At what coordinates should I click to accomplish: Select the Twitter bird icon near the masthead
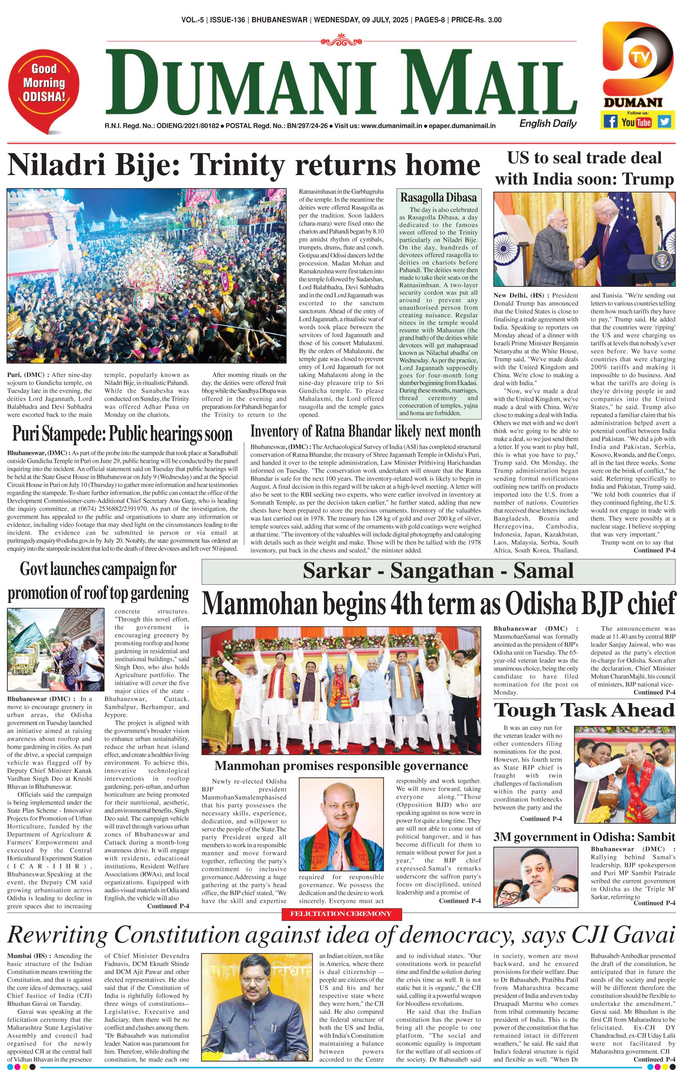click(664, 121)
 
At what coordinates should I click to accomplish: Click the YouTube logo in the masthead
click(636, 121)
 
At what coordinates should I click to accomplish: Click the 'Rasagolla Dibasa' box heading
click(438, 197)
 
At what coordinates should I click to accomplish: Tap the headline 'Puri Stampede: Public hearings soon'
click(122, 434)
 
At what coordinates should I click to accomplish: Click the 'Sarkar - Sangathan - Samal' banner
click(438, 571)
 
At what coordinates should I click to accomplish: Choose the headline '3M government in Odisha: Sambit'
click(584, 837)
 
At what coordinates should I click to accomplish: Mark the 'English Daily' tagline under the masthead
click(548, 124)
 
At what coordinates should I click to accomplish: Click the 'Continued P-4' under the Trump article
click(654, 550)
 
